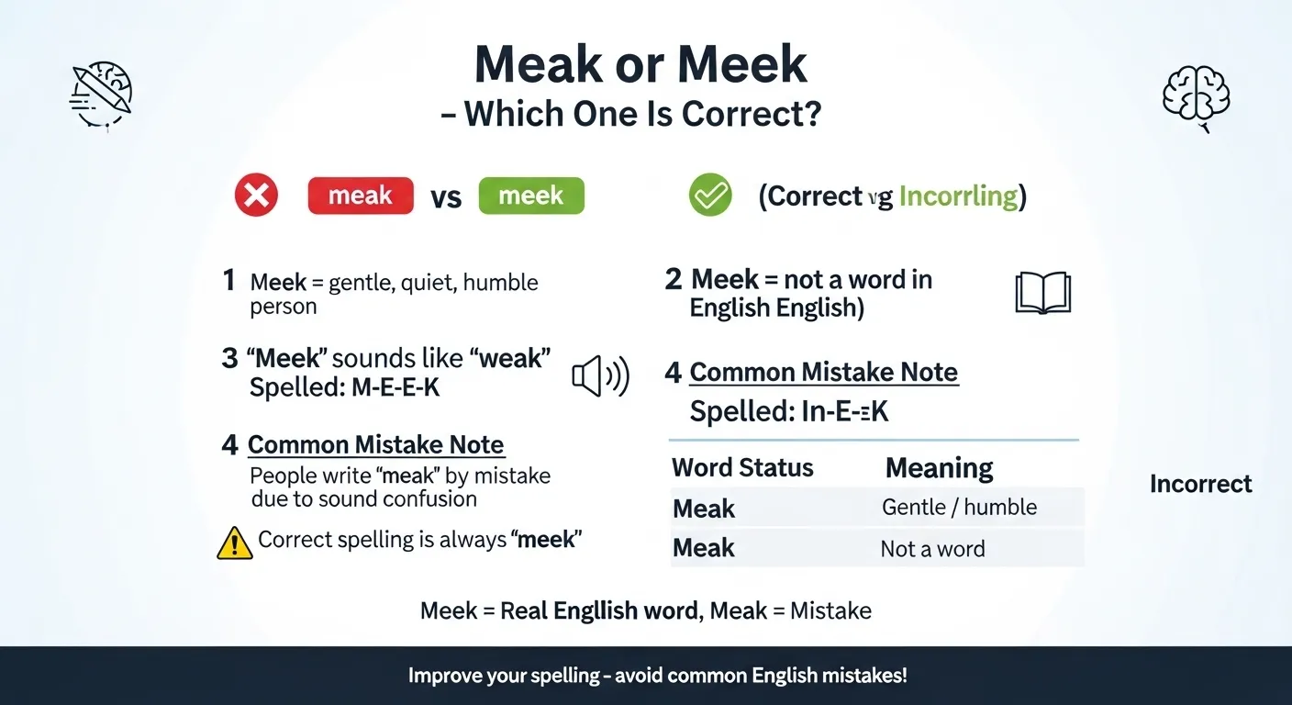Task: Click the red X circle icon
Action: point(256,196)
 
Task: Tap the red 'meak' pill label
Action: point(361,196)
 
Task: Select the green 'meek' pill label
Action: point(531,196)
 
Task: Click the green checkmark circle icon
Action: point(710,196)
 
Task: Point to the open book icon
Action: point(1043,293)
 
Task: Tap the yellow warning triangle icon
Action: point(235,542)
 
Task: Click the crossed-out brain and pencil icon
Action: point(102,95)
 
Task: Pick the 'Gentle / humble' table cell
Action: point(959,507)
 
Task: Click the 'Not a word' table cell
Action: point(932,549)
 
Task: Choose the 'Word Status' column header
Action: point(742,467)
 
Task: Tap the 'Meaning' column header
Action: point(939,468)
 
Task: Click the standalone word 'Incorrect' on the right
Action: point(1200,484)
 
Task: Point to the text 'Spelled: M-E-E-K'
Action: point(344,388)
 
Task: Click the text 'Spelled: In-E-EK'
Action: point(789,411)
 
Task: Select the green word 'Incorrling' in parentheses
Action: point(958,196)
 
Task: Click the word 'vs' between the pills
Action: point(446,197)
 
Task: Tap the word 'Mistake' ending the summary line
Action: point(830,610)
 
